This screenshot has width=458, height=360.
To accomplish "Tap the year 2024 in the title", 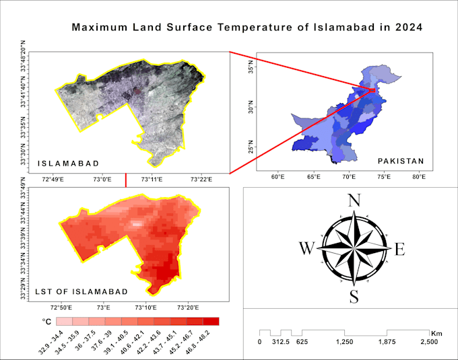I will click(x=408, y=28).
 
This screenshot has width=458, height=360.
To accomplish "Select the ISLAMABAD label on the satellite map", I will click(x=69, y=164).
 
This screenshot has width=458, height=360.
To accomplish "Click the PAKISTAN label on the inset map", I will click(x=401, y=161).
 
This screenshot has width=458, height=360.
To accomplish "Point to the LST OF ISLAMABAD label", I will click(x=81, y=291).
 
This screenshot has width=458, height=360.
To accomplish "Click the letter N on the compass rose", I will click(x=353, y=200).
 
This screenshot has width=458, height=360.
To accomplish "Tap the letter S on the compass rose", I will click(x=353, y=296).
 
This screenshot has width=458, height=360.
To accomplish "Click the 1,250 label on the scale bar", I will click(x=345, y=342).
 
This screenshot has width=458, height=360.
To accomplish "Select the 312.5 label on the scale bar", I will click(x=281, y=342).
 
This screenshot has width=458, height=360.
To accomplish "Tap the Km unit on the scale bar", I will click(x=437, y=332).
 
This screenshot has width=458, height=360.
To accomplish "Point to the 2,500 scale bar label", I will click(x=429, y=342).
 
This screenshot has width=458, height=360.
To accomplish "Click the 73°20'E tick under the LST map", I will click(x=188, y=307).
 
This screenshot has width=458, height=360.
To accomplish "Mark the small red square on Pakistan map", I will click(x=372, y=89).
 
